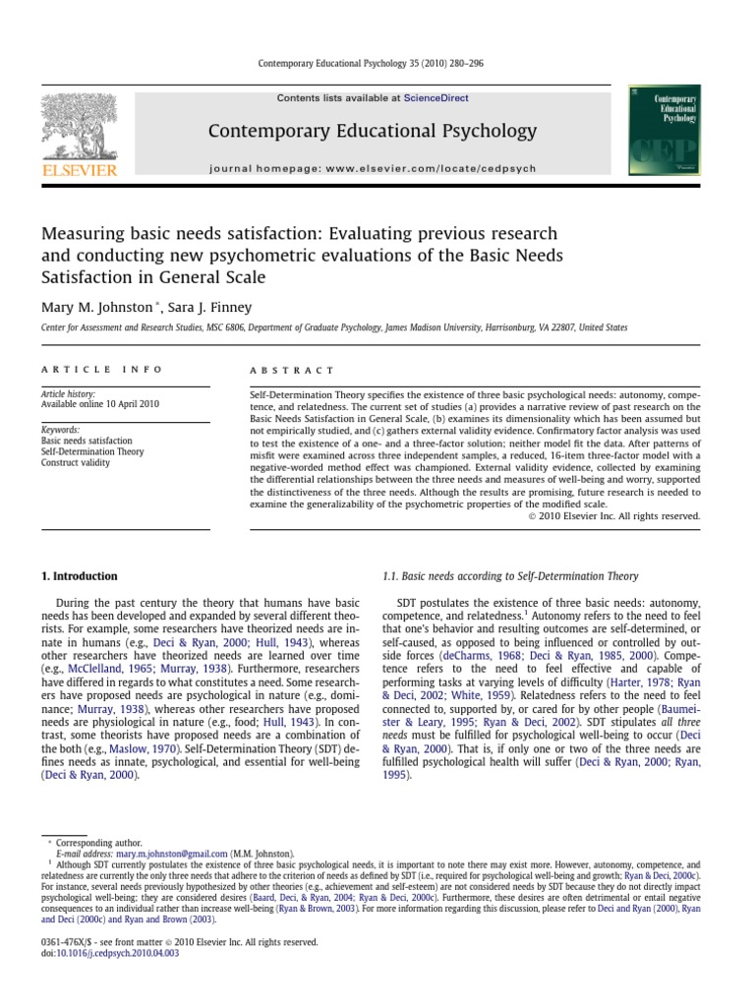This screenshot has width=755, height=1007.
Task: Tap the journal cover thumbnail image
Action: [x=658, y=131]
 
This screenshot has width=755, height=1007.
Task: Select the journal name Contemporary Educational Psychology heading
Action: [x=372, y=131]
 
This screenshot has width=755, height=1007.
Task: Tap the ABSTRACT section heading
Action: [x=279, y=371]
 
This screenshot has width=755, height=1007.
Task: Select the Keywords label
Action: [x=60, y=430]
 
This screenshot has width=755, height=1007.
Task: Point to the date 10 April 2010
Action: [x=133, y=403]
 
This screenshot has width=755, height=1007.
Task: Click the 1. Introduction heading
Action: [x=79, y=576]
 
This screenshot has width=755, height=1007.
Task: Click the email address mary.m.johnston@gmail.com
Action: [x=171, y=855]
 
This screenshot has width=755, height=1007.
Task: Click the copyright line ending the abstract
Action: [x=608, y=515]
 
